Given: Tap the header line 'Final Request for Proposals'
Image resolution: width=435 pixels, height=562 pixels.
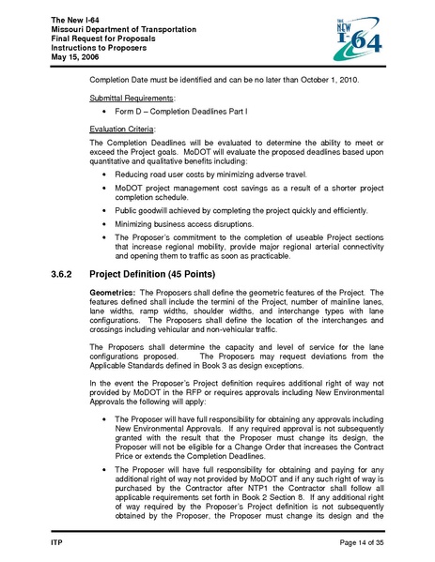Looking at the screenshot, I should [99, 41].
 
